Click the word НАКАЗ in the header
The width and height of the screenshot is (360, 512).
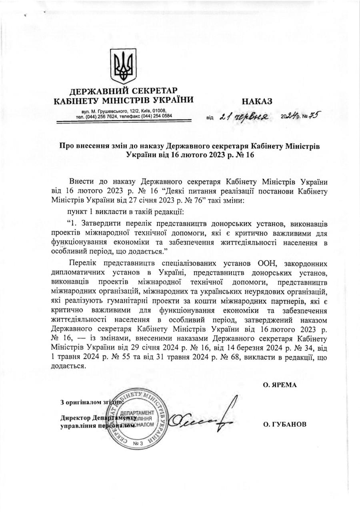256,101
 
